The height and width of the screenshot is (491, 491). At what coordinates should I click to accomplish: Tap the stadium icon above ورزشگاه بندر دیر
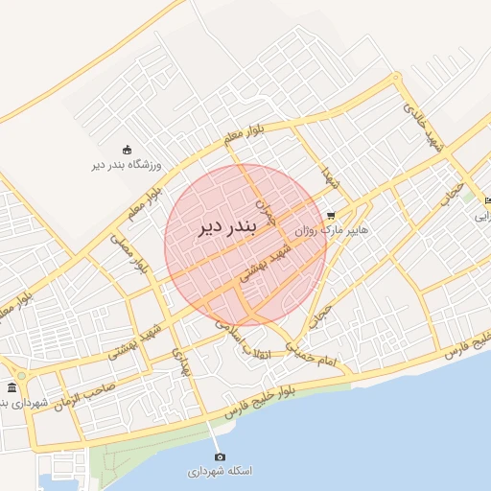tap(126, 149)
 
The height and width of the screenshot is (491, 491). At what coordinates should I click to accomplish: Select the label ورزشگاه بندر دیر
tap(127, 165)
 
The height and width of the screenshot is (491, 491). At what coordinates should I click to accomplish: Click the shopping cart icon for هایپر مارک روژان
tap(331, 216)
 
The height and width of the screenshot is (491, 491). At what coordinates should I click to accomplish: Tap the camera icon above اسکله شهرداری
tap(220, 456)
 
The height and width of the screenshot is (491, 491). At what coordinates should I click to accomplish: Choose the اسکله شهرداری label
tap(220, 472)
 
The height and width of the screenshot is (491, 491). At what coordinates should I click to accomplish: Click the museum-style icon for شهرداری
tap(12, 387)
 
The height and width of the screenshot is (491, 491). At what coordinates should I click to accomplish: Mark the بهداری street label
tap(182, 362)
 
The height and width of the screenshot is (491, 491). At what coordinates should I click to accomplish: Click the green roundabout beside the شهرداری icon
tap(21, 375)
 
